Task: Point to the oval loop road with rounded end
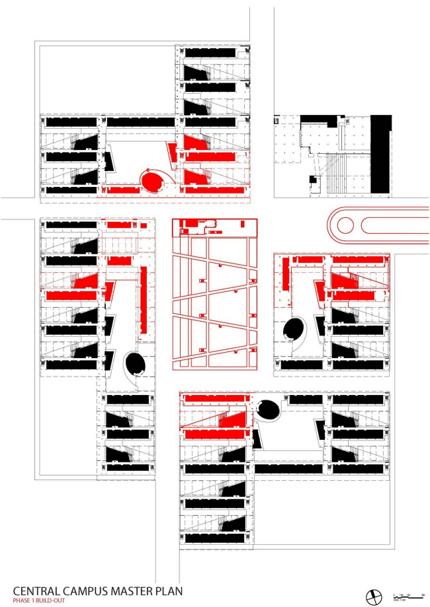[x=377, y=224]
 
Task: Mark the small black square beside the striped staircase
[x=311, y=181]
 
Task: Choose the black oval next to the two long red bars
[x=292, y=328]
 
